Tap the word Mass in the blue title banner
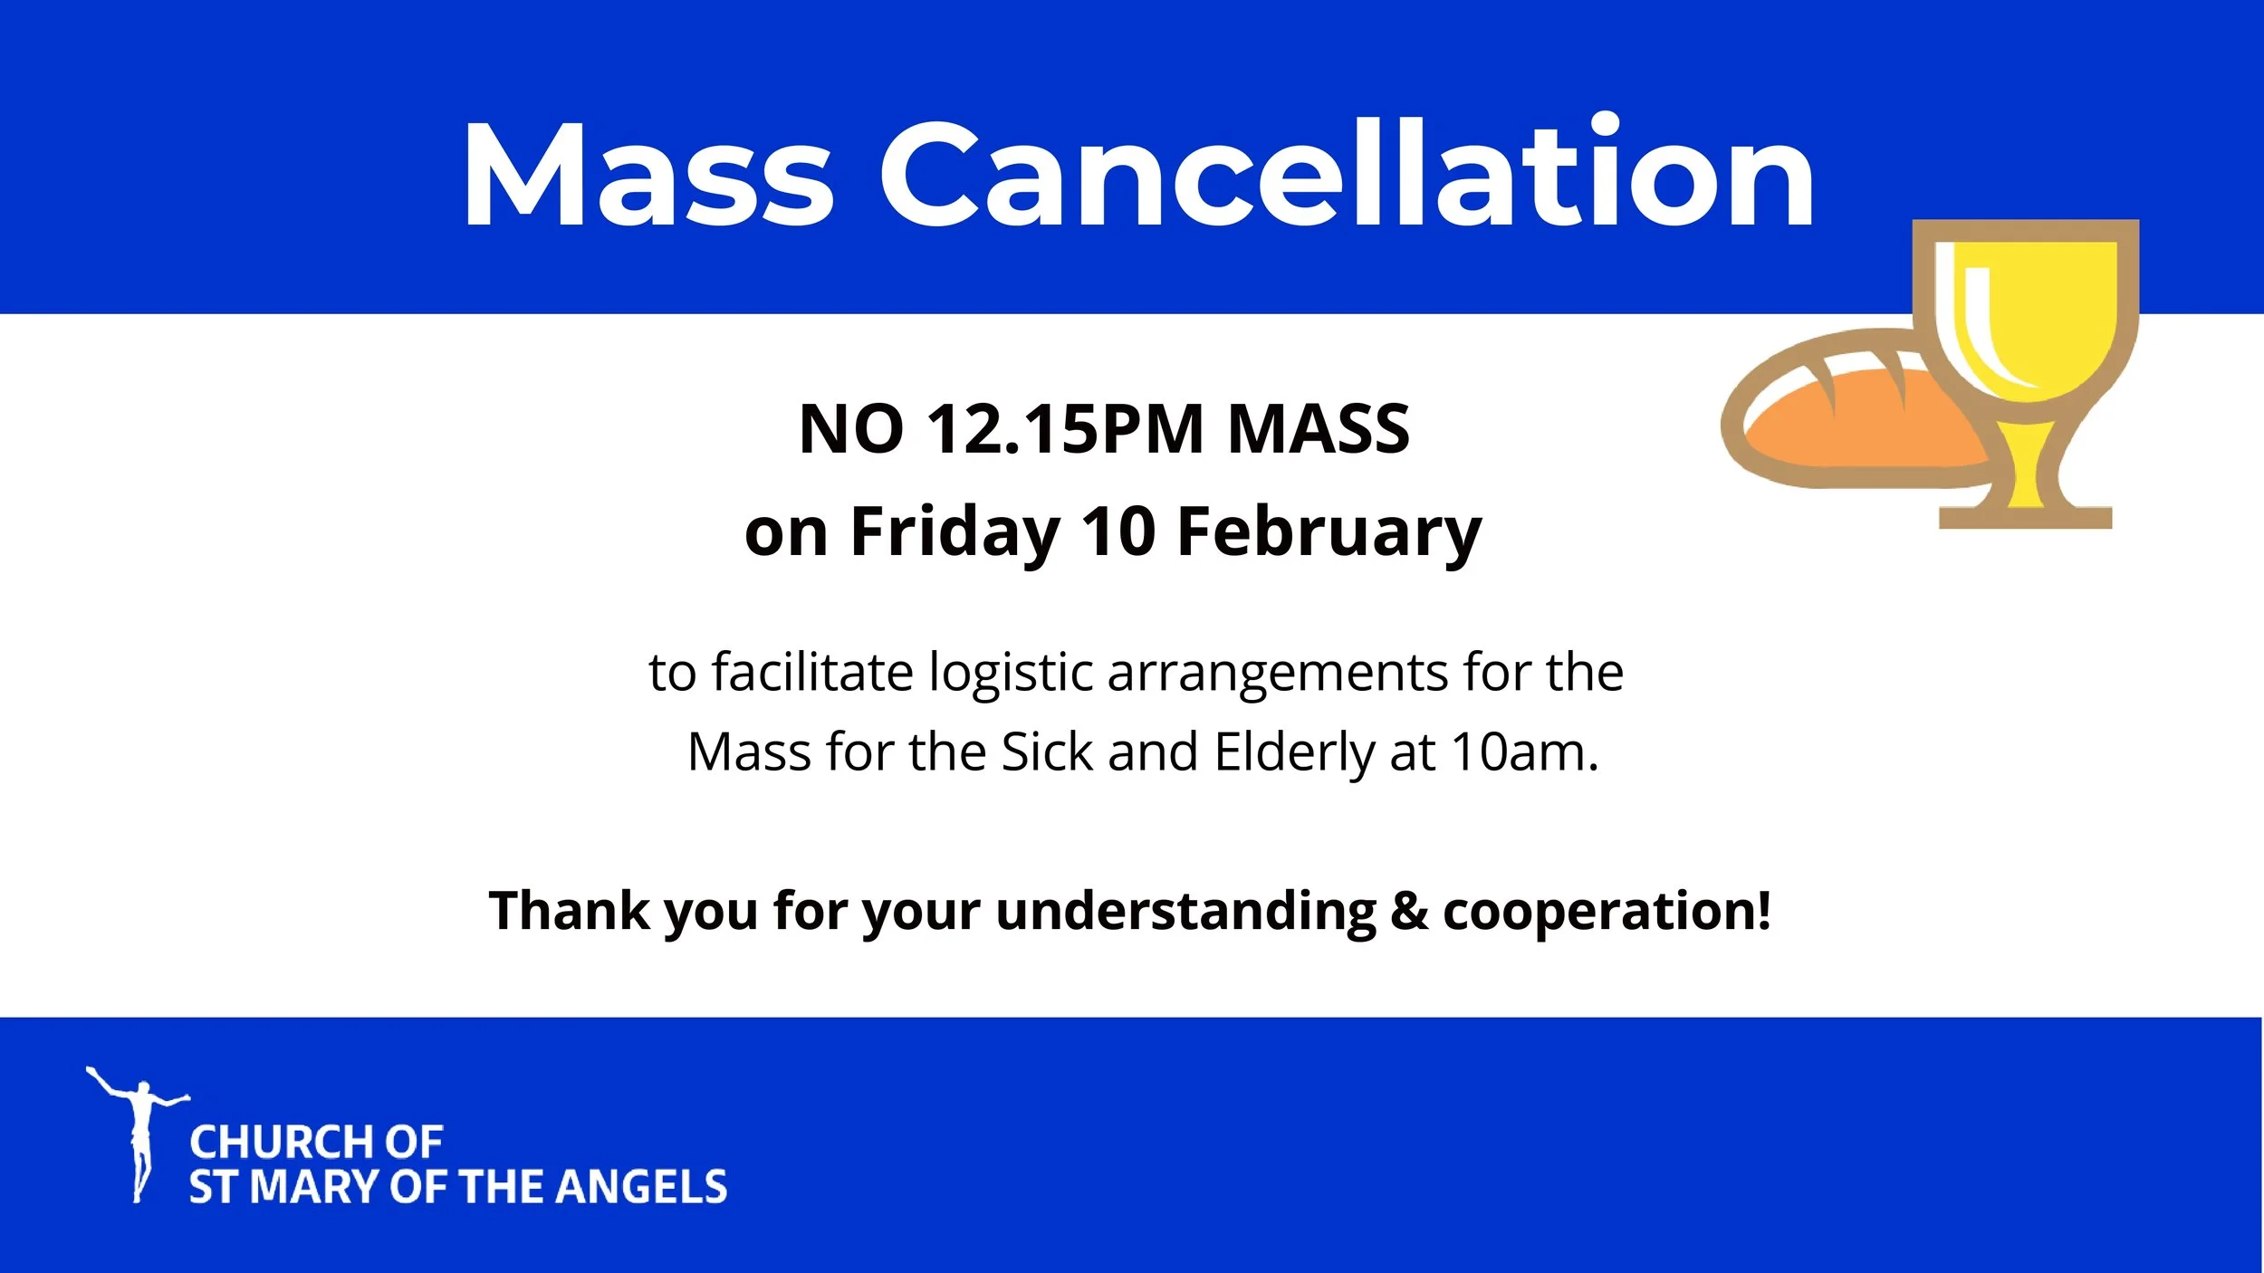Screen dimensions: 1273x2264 pos(648,174)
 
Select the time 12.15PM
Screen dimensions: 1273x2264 pos(1065,428)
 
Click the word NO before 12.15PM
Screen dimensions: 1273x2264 pos(851,428)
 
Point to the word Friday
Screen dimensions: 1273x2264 pos(955,531)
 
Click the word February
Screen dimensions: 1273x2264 pos(1329,531)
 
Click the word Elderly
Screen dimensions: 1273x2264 pos(1293,753)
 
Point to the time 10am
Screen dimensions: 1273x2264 pos(1524,752)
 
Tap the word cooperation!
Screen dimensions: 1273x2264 pos(1607,912)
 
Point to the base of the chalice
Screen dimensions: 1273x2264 pos(2026,517)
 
